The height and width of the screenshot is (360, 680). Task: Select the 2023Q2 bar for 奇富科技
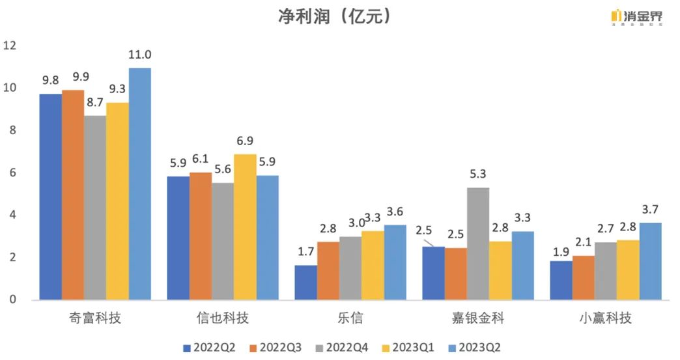coord(140,184)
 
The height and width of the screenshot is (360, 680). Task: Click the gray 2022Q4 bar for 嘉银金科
coord(478,243)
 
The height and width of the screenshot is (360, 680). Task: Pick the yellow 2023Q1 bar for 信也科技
coord(245,227)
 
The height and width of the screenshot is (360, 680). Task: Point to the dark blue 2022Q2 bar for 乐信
coord(305,283)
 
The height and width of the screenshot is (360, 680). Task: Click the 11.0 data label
coord(140,55)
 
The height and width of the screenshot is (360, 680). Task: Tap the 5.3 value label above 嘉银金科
coord(478,174)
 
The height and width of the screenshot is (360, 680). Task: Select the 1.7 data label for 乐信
coord(305,252)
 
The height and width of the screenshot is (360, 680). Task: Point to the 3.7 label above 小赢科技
coord(649,209)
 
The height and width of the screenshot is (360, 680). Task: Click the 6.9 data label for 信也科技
coord(245,141)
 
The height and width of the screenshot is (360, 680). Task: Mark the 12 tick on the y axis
coord(10,46)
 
